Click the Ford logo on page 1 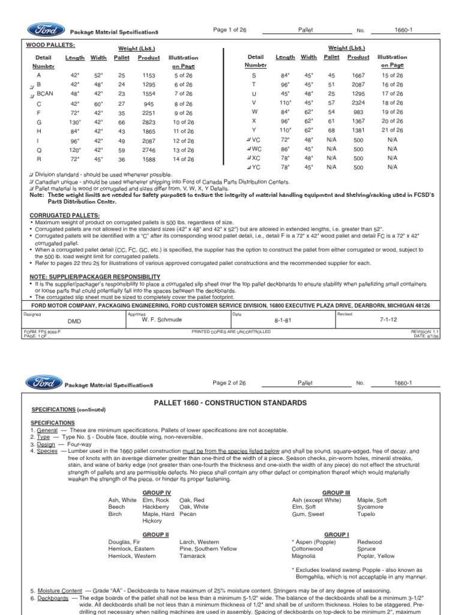tap(44, 30)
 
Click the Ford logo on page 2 tap(44, 383)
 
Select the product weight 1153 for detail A tap(148, 76)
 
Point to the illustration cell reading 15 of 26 tap(393, 76)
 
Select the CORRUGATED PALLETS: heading tap(65, 215)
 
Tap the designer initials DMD tap(74, 321)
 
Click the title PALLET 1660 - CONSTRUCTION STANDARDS tap(230, 402)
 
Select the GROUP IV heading tap(157, 492)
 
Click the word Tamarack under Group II tap(193, 556)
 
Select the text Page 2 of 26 tap(229, 383)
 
